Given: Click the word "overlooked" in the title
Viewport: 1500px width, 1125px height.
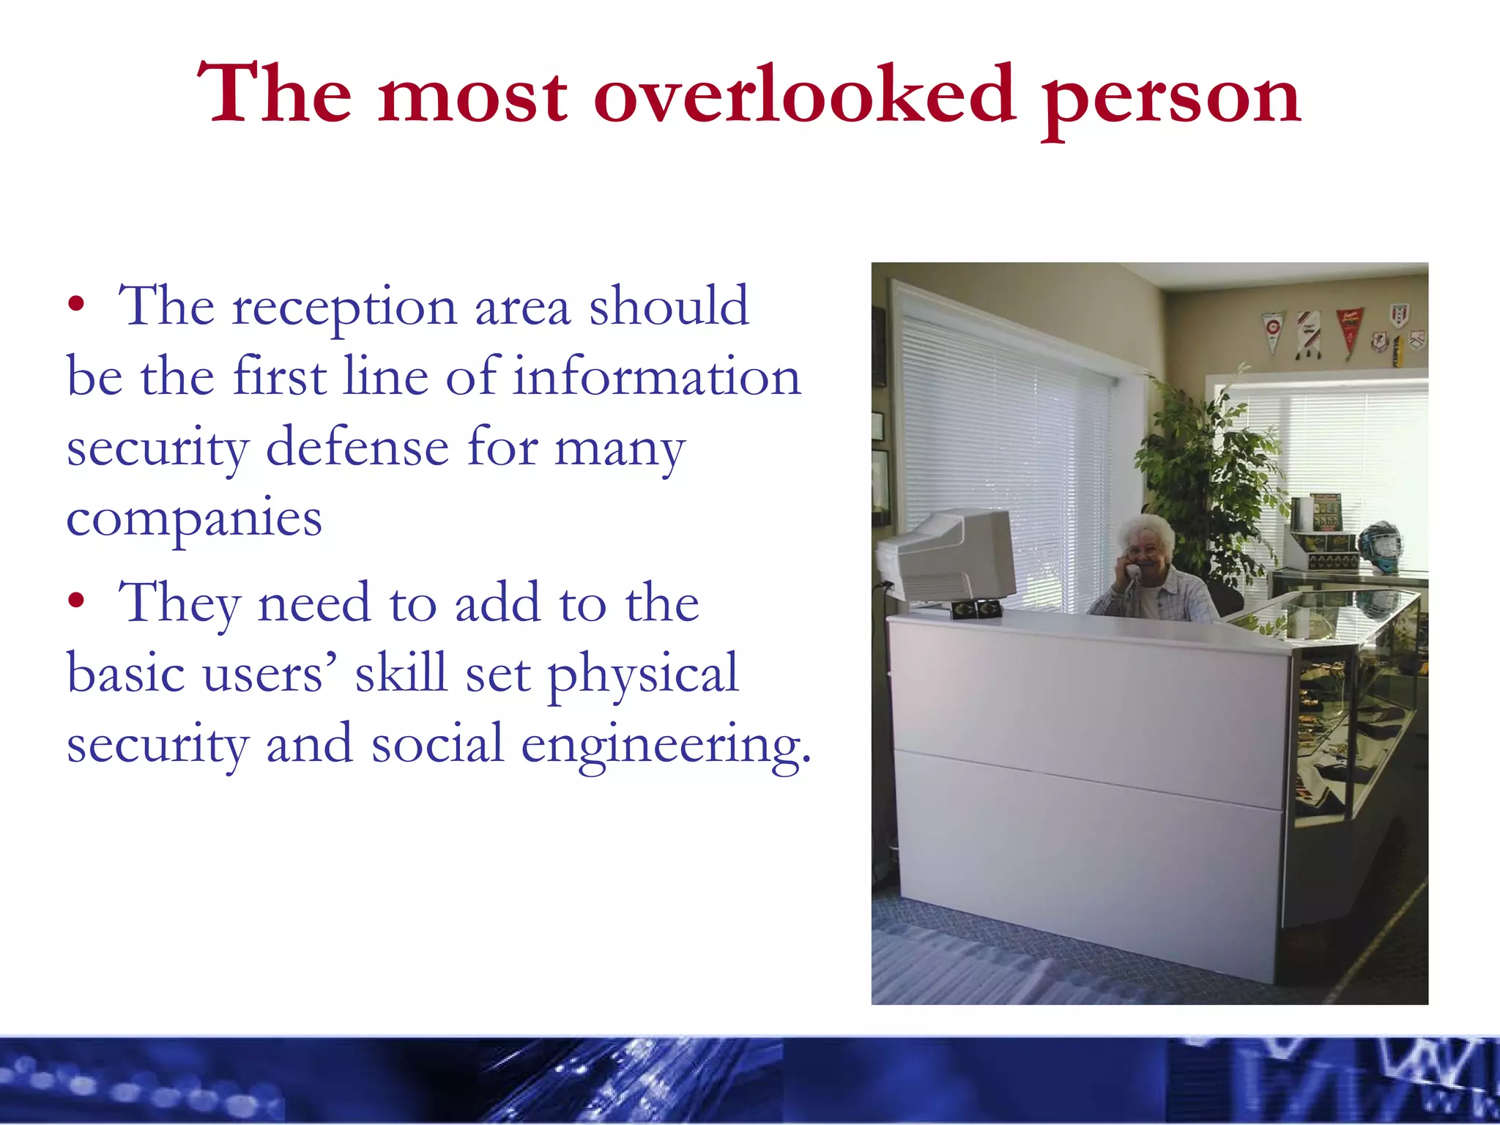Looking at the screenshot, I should click(x=804, y=95).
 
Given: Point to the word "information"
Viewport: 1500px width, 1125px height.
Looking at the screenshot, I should click(x=656, y=377).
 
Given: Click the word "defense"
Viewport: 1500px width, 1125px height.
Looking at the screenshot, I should click(x=357, y=447).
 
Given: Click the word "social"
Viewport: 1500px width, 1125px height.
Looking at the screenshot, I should click(x=437, y=744).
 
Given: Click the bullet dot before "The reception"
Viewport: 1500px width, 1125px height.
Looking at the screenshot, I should click(x=76, y=305).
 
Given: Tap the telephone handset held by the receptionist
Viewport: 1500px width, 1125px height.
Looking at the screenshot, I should click(x=1132, y=572).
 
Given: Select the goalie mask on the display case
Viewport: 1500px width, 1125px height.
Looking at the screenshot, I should click(x=1380, y=546).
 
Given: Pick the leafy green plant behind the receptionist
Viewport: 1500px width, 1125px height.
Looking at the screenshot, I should click(x=1208, y=469).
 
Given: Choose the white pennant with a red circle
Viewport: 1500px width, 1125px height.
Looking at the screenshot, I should click(x=1273, y=330).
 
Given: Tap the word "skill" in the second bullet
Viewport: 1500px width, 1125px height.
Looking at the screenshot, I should click(x=401, y=672).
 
